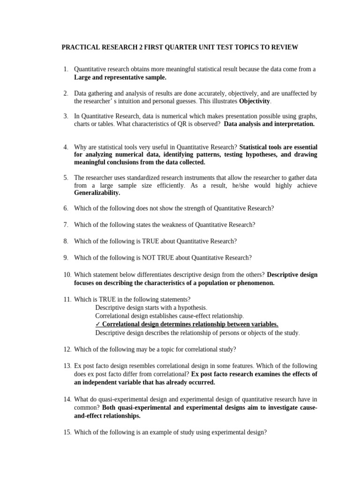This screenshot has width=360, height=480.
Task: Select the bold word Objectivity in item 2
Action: (255, 101)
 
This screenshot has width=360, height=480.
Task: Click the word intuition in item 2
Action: (138, 101)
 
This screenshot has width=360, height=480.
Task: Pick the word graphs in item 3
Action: (307, 116)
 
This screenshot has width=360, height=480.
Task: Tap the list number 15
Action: (67, 433)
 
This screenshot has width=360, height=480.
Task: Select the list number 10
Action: (67, 275)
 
